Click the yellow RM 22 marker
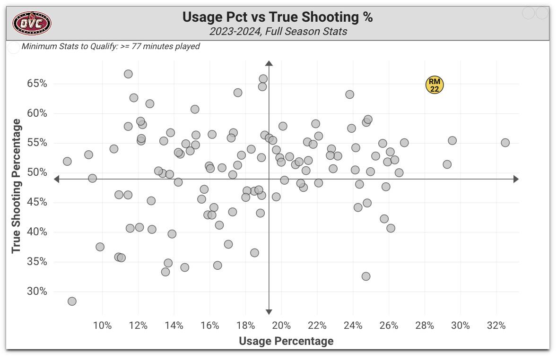[435, 85]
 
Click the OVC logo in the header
[32, 23]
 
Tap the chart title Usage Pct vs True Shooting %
[278, 17]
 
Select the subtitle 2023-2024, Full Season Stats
[278, 32]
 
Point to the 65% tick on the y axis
[37, 84]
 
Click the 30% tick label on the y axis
[37, 291]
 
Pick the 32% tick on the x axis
[496, 326]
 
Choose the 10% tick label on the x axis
[103, 326]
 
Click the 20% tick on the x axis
[281, 326]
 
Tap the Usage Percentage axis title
[286, 341]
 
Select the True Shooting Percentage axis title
[17, 186]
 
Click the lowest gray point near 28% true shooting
[72, 301]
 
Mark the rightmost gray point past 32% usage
[505, 143]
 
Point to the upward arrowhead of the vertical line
[269, 63]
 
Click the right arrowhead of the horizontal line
[516, 179]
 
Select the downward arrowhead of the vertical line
[269, 311]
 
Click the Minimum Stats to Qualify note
[111, 46]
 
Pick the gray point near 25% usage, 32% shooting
[366, 276]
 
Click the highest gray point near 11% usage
[128, 74]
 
